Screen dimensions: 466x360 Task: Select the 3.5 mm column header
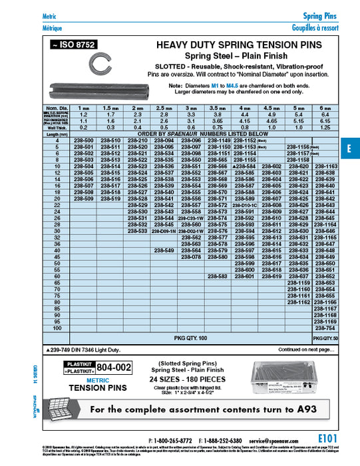(x=218, y=107)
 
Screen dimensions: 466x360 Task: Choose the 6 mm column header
(x=325, y=107)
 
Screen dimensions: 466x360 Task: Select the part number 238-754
(x=325, y=329)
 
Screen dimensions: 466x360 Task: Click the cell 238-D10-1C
(x=245, y=206)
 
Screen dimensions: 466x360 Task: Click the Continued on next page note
(x=305, y=349)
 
